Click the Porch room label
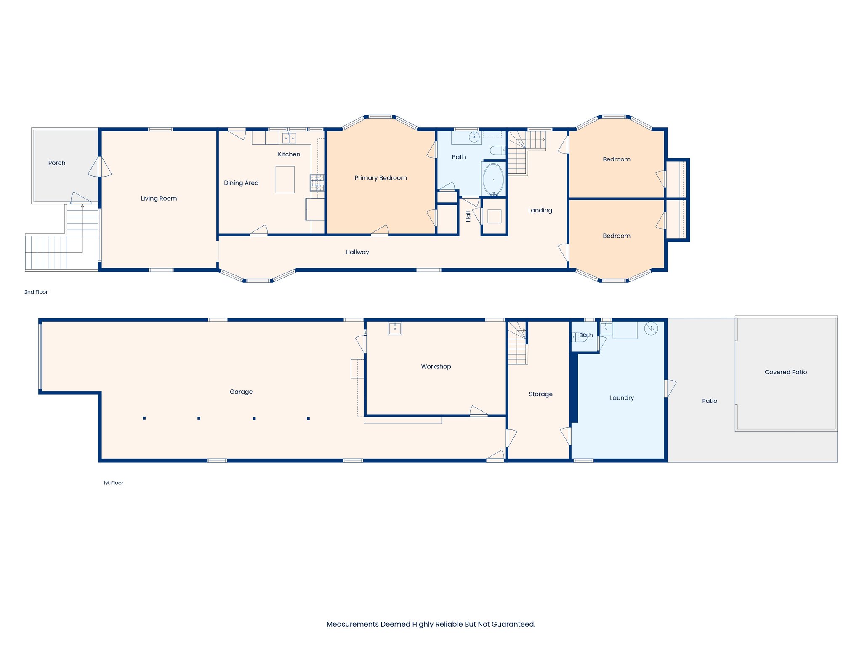57,163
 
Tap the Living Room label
159,199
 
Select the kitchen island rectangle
285,180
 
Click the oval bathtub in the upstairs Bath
493,180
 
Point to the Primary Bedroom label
380,178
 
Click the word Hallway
357,252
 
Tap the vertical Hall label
468,216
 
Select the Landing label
540,210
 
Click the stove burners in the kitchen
317,183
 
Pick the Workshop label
436,367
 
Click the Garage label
241,392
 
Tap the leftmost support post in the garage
144,418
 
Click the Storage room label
540,394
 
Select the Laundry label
622,398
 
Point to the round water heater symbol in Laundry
651,328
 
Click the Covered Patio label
785,372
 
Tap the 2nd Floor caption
36,292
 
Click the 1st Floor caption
113,483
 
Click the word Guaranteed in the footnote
516,624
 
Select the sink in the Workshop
395,328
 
